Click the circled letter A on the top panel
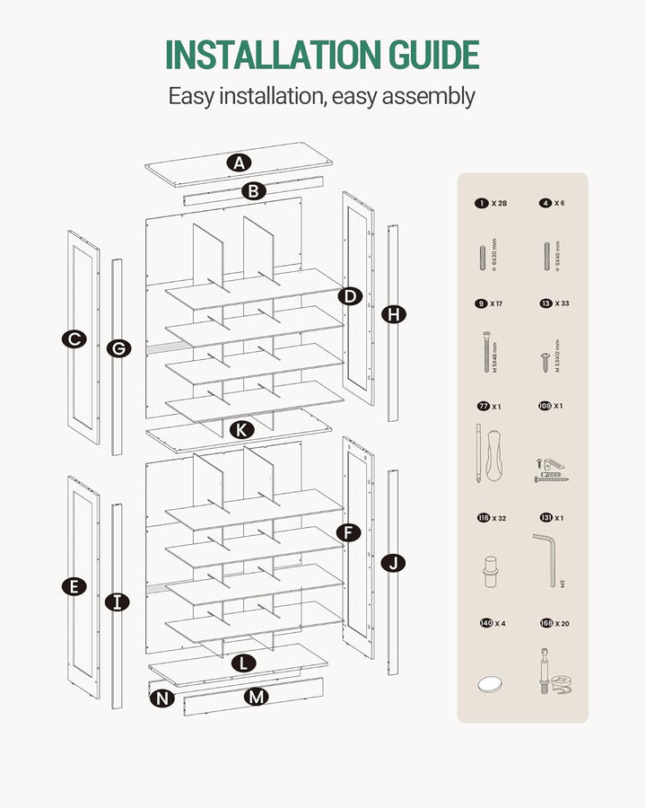coord(239,162)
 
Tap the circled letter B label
coord(254,190)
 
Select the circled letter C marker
coord(74,338)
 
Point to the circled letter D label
coord(350,295)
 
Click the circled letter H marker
coord(393,314)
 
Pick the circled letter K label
coord(240,429)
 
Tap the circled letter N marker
coord(161,698)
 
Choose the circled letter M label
coord(258,696)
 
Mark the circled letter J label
coord(393,563)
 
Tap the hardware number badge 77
coord(484,407)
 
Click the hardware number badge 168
coord(546,623)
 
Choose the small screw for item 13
coord(545,360)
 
